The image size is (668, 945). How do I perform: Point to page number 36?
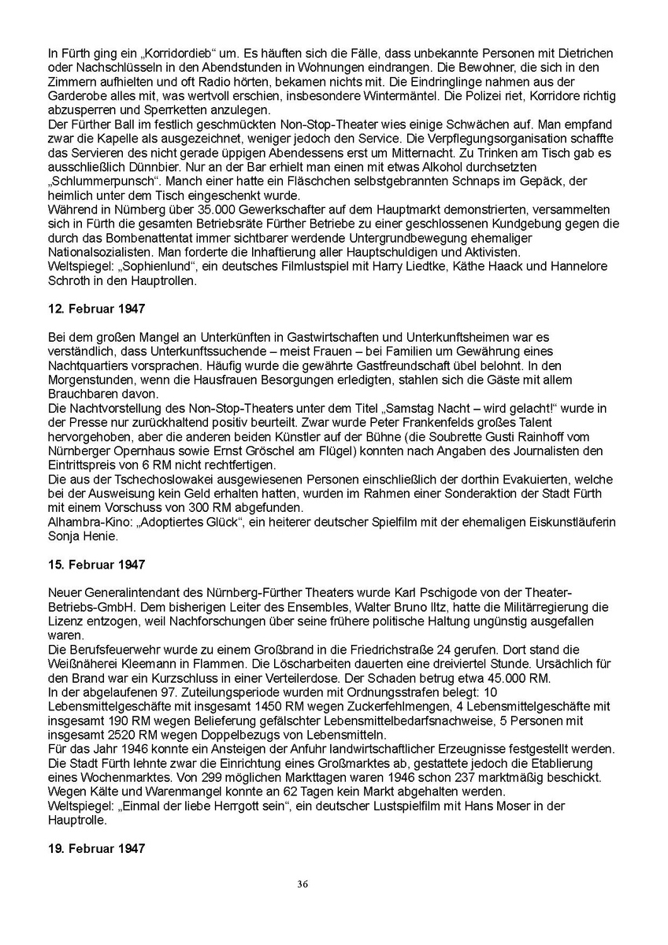click(302, 884)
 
